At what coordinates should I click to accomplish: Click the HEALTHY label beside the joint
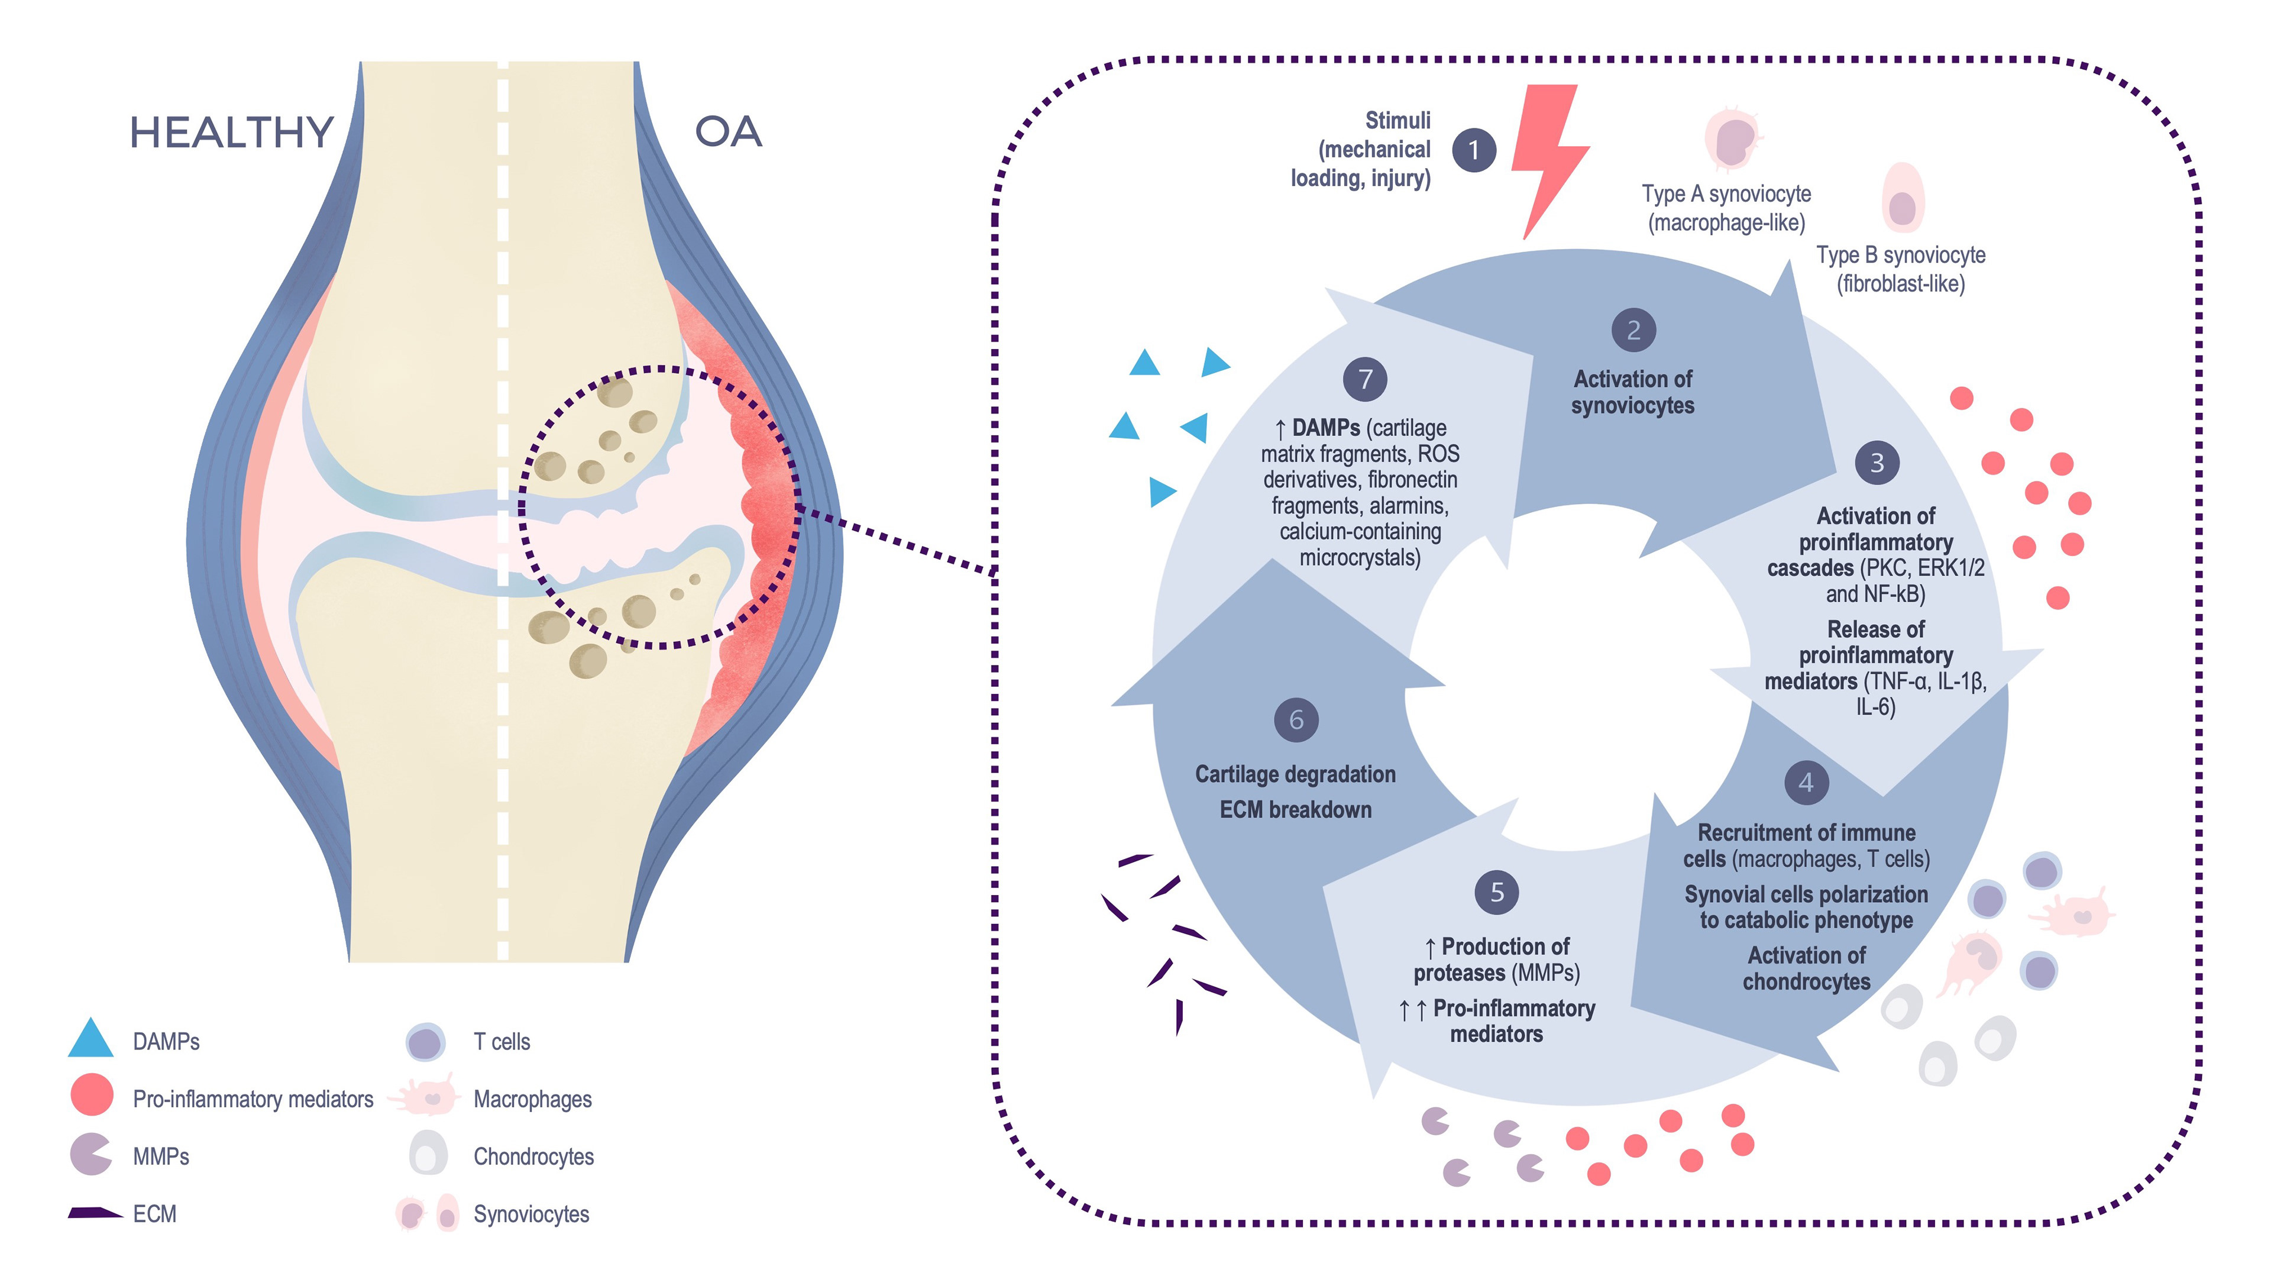pos(231,133)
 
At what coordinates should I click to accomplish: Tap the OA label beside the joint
pos(727,133)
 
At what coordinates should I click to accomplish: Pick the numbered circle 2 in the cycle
pos(1633,331)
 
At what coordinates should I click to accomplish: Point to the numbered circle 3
pos(1877,462)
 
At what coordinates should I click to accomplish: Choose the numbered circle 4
pos(1806,782)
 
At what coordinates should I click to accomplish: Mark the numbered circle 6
pos(1296,719)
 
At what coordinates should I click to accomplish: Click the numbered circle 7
pos(1365,379)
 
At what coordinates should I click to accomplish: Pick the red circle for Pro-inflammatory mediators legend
pos(92,1094)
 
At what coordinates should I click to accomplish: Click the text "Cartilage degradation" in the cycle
pos(1295,774)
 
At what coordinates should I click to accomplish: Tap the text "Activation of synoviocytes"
pos(1633,392)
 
